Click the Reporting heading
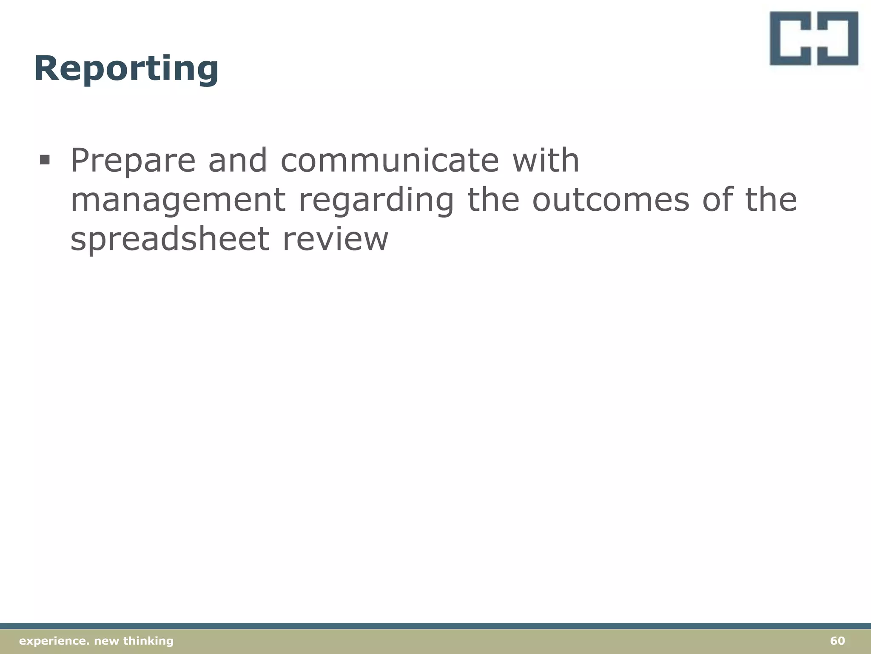click(126, 69)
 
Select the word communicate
click(389, 161)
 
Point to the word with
click(546, 161)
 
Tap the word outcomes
click(610, 200)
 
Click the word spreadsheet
click(170, 240)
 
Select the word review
click(335, 239)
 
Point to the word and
click(237, 161)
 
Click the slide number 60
click(837, 641)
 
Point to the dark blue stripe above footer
click(435, 626)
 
